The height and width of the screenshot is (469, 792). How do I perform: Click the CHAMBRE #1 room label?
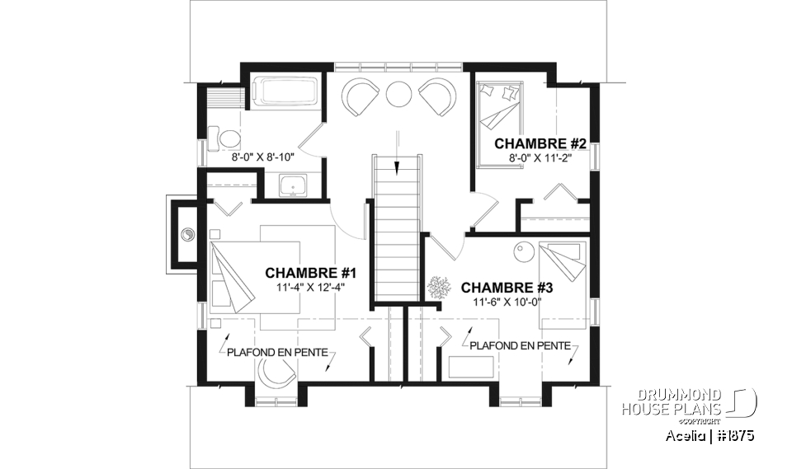(309, 273)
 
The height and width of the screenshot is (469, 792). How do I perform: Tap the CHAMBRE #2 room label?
(540, 144)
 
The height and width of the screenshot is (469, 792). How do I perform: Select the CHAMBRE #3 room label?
(506, 288)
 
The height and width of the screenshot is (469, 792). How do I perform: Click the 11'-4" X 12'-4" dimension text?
(309, 288)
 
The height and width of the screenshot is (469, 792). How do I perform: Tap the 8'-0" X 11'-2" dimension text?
(540, 157)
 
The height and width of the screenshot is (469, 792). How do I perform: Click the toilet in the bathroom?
(222, 138)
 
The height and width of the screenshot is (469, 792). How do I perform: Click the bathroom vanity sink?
(290, 187)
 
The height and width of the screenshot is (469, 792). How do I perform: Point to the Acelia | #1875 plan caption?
(708, 434)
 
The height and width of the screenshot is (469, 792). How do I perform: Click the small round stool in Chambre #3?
(521, 249)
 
